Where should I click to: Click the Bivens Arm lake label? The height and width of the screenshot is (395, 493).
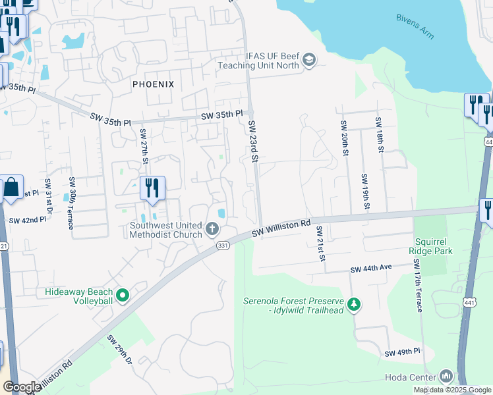tap(415, 26)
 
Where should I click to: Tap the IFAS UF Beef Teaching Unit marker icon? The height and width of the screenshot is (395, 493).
tap(308, 61)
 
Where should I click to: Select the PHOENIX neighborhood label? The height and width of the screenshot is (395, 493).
tap(153, 84)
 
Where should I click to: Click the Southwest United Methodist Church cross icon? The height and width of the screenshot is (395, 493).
tap(212, 229)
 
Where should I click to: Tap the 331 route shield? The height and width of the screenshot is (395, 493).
tap(223, 245)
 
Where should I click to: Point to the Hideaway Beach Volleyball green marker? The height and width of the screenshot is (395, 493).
tap(122, 296)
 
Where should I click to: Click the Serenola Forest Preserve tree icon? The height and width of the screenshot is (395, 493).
tap(355, 303)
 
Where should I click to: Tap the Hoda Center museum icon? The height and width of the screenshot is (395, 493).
tap(446, 377)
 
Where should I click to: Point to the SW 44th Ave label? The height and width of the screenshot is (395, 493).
tap(371, 269)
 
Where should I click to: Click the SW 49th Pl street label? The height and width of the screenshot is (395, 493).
tap(403, 354)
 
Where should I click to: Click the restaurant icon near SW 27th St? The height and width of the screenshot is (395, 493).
tap(152, 188)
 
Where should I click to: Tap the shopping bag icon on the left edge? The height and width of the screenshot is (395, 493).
tap(11, 188)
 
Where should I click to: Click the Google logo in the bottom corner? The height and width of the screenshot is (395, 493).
tap(21, 387)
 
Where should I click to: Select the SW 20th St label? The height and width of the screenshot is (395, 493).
tap(344, 138)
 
